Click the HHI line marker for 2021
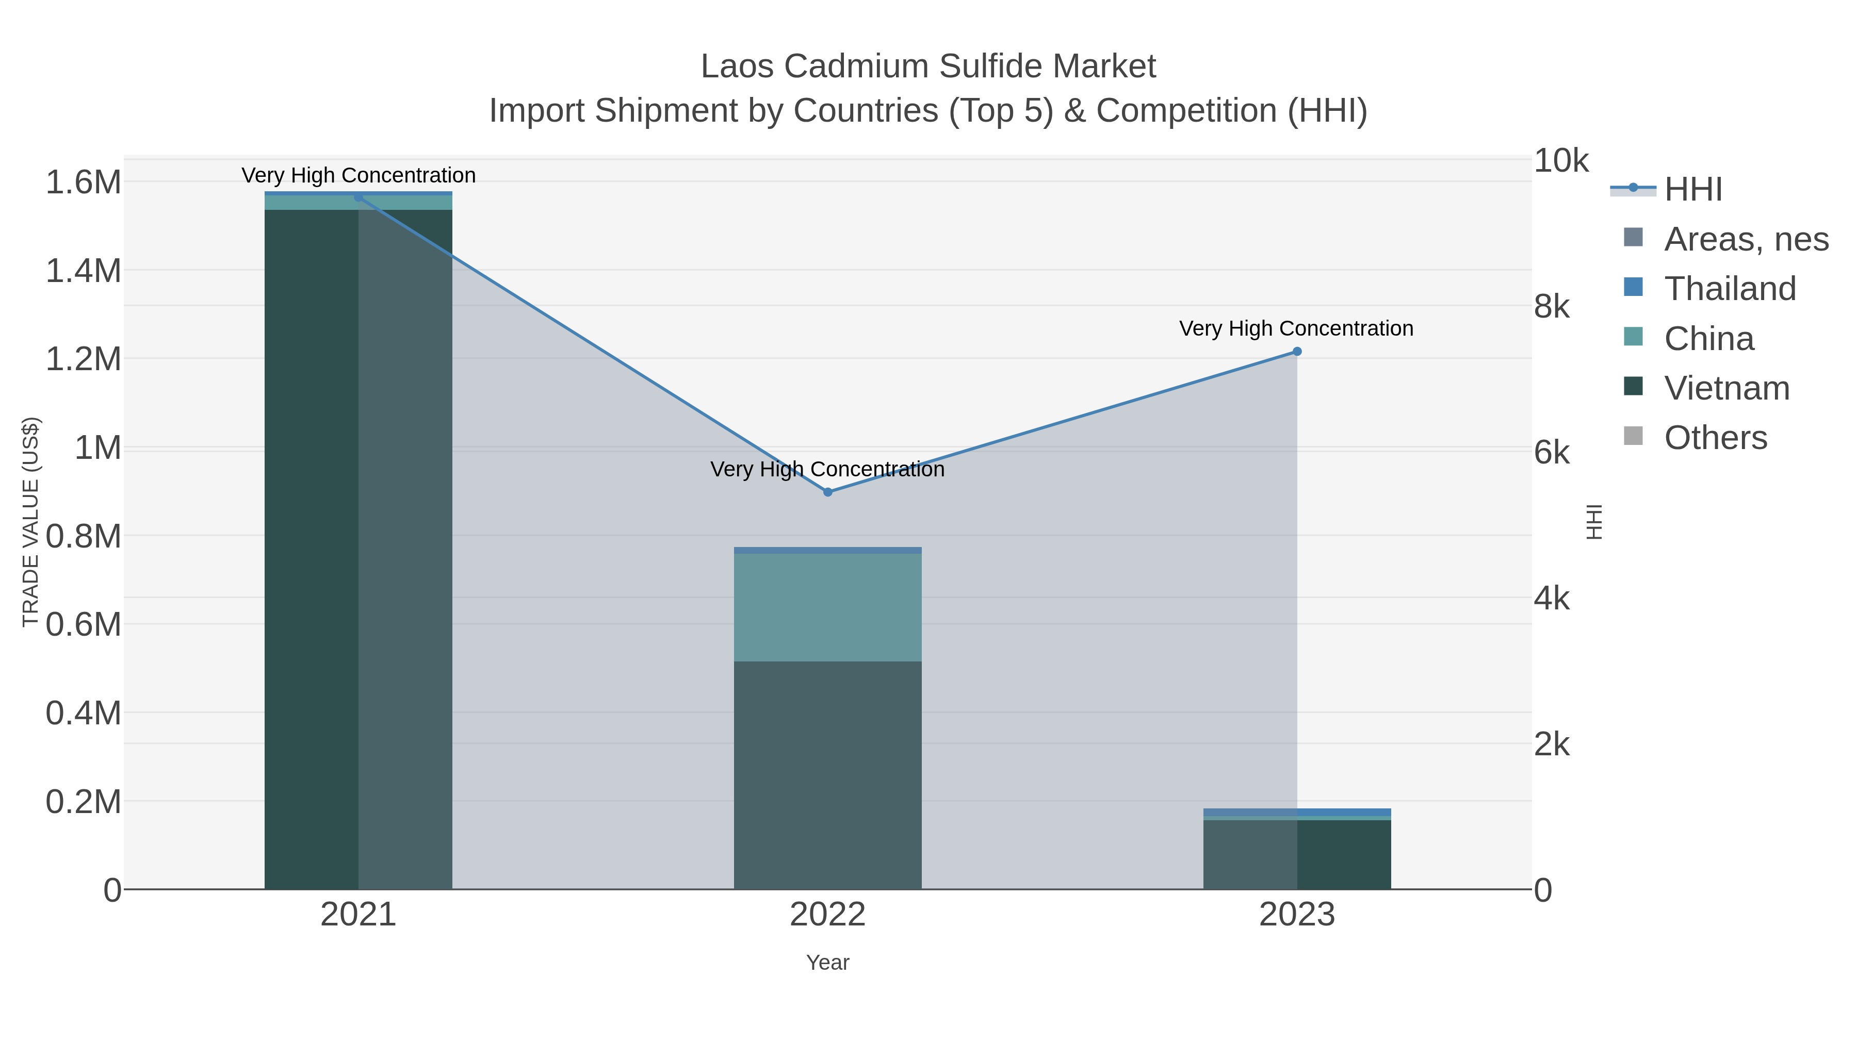[359, 197]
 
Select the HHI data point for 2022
[827, 492]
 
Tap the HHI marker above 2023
[1297, 352]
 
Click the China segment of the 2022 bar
[827, 607]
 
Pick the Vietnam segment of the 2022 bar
[827, 774]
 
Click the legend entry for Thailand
[1730, 289]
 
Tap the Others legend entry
[1715, 438]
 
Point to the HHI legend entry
[1692, 190]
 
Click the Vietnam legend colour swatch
[1633, 386]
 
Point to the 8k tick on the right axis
[1551, 307]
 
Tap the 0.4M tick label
[84, 714]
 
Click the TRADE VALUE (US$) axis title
[31, 522]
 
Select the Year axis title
[827, 963]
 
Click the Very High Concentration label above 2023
[1296, 328]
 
